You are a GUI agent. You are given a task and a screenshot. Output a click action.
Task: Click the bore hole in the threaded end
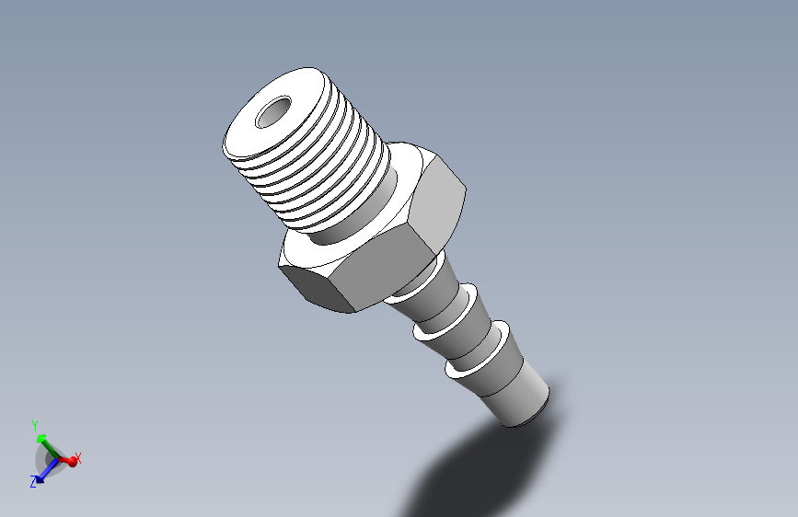pos(273,112)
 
